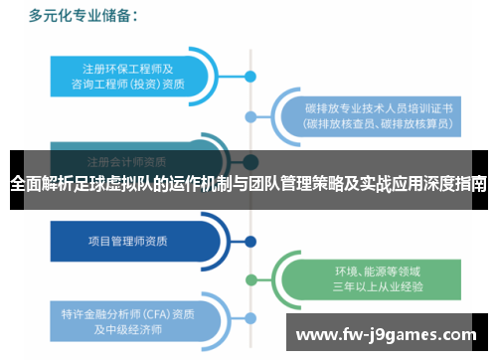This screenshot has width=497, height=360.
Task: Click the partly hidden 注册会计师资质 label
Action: coord(126,160)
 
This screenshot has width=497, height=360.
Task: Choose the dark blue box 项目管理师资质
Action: coord(126,240)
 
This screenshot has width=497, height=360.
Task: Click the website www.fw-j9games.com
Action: coord(388,332)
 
